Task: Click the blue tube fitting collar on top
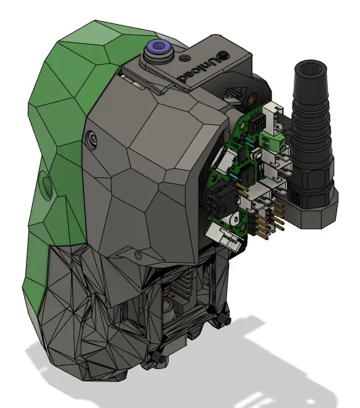point(157,47)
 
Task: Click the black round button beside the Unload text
point(223,55)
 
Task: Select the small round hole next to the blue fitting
point(186,57)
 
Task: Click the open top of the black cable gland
point(311,69)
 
